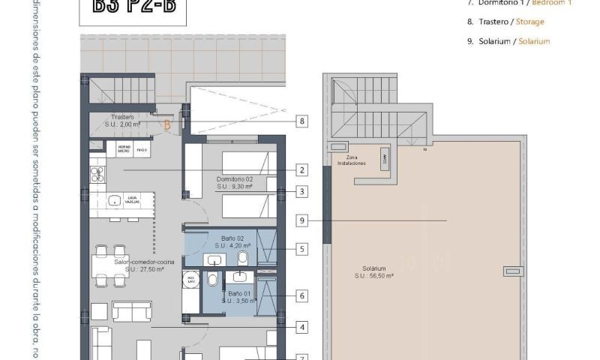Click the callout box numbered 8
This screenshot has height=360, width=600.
tap(301, 121)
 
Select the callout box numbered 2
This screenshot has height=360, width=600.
tap(301, 169)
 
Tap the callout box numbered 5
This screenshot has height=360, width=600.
tap(301, 248)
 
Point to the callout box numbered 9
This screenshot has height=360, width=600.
tap(301, 220)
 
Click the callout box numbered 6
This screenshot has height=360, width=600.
tap(301, 295)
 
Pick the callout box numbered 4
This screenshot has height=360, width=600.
tap(301, 327)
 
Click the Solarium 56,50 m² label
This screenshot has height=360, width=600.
tap(373, 271)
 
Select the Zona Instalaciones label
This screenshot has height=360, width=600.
tap(351, 160)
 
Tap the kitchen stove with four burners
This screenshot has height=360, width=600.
tap(97, 175)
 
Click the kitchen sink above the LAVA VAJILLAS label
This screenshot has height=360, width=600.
tap(115, 201)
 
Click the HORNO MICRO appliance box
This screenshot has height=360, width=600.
tap(124, 150)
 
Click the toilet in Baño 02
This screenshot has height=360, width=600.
tap(243, 259)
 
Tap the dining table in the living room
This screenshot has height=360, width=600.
tap(109, 265)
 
